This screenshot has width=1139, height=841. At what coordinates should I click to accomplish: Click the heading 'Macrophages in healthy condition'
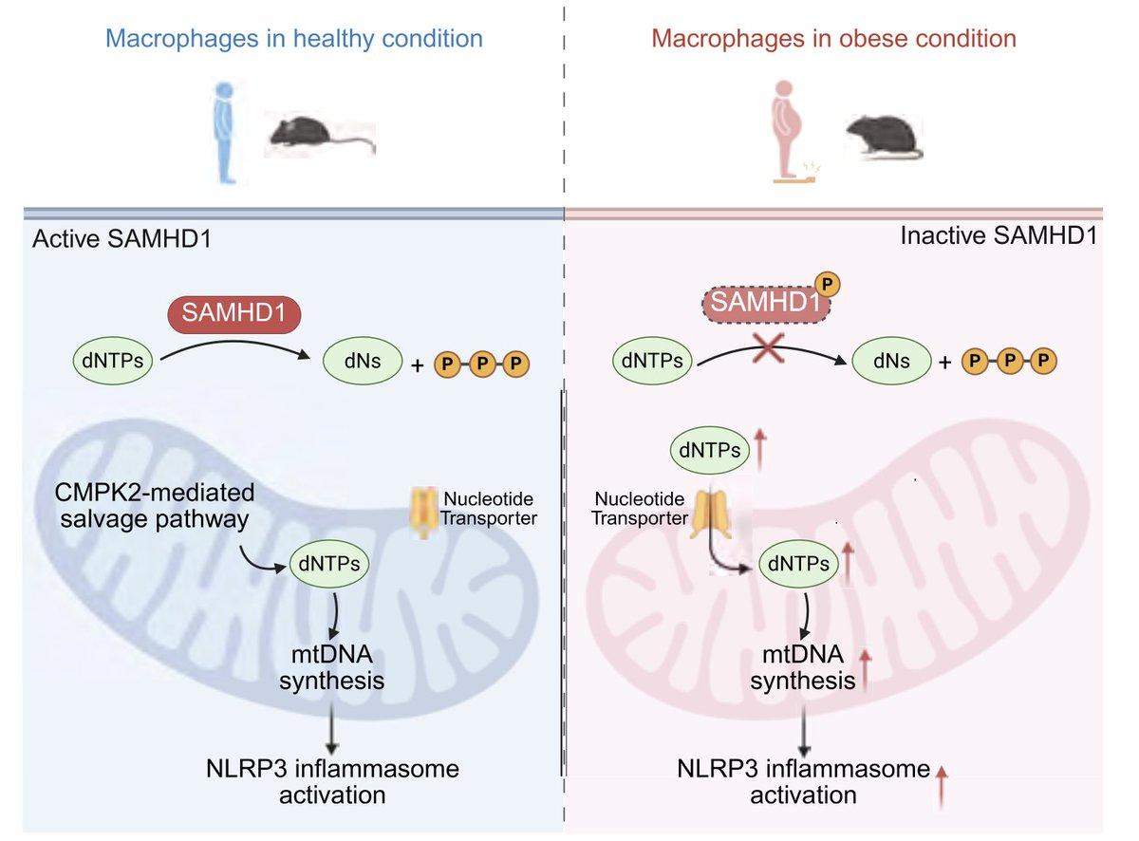coord(293,39)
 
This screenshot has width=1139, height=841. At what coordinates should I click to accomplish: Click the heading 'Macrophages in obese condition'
coord(833,39)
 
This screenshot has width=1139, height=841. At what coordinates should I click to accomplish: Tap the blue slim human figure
coord(226,131)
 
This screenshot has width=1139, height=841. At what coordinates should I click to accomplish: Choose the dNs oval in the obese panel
coord(894,361)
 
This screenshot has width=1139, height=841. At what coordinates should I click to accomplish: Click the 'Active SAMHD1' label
coord(121,238)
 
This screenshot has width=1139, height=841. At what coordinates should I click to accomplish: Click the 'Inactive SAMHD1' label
coord(998,235)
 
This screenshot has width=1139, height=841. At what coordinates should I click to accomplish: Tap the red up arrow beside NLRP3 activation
coord(942,787)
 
